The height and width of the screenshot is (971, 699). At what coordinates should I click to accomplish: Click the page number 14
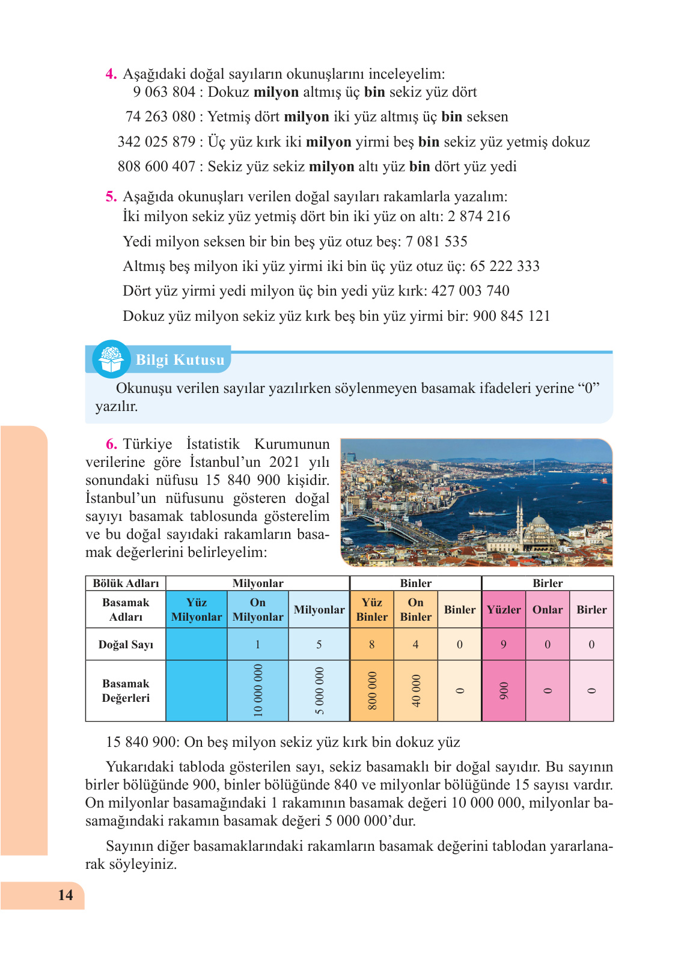coord(66,895)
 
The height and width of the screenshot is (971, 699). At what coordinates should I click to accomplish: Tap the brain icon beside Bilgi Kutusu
coord(111,359)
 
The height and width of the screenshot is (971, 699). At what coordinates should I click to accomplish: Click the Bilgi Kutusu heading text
coord(180,360)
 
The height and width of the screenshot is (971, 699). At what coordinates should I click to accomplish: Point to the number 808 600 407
coord(156,166)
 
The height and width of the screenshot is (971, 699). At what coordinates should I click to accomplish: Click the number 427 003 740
coord(470,291)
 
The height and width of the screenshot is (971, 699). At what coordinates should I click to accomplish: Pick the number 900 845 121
coord(511,316)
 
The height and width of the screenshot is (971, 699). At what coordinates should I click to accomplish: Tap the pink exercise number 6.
coord(111,444)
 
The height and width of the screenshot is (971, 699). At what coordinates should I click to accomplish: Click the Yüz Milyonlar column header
coord(197,609)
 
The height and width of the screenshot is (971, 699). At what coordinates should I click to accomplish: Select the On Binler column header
coord(415,609)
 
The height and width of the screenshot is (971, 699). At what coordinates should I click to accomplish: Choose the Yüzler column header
coord(504,609)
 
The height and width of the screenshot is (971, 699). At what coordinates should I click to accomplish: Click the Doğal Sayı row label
coord(126,645)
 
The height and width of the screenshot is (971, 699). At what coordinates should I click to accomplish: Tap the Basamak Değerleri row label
coord(126,690)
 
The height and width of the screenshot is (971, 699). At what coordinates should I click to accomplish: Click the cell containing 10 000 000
coord(258,690)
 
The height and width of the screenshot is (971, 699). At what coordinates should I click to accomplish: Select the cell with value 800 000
coord(372,690)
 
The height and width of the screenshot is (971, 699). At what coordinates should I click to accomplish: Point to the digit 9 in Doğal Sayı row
coord(504,645)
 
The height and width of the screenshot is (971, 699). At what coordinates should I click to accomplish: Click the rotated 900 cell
coord(504,690)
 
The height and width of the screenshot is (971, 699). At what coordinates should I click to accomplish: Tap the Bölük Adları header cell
coord(126,583)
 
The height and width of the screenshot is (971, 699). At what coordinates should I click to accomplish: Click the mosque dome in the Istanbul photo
coord(539,521)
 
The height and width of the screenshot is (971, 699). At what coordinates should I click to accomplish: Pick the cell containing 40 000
coord(415,690)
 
